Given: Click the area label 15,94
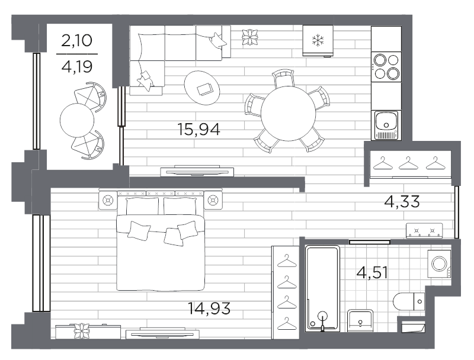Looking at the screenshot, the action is point(198,129).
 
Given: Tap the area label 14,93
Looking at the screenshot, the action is point(209,308).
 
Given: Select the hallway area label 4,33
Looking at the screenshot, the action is point(402,201).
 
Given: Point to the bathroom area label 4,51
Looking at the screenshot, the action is point(372,272).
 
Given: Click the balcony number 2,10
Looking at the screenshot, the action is point(77,40).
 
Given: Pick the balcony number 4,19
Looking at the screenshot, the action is point(77,67).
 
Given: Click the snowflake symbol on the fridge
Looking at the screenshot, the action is point(318,40).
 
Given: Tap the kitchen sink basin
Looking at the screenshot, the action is point(386,121).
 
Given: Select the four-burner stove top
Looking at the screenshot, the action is point(386,67).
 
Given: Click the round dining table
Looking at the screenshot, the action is point(289,114).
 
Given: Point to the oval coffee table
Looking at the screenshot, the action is point(202,88).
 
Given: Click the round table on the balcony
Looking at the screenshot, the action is point(77,120).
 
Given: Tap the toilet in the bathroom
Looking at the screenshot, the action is point(408,301).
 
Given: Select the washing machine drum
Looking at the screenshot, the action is point(439,263).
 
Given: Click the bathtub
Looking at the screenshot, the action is point(322,288).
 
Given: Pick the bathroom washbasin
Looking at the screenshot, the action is point(360,320).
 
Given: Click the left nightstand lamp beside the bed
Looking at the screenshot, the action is point(108,200).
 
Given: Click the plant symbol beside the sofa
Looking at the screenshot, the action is point(250,37).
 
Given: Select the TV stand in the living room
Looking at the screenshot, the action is point(197,171).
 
